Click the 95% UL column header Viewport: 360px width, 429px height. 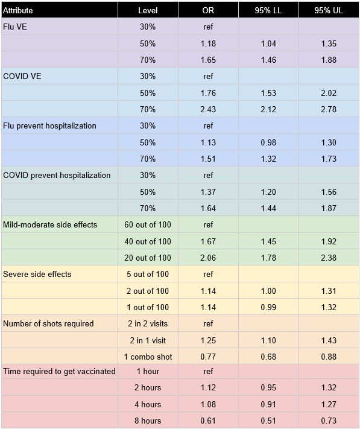point(328,10)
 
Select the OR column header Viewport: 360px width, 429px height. point(208,10)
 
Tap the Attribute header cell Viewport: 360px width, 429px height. point(17,10)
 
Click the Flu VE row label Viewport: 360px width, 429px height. point(15,27)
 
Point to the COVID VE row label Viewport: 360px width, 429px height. point(22,76)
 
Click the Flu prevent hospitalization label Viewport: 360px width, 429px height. point(49,126)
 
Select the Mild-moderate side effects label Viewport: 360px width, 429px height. point(50,224)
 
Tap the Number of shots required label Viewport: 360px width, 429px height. point(48,323)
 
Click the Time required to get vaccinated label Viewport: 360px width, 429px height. point(59,371)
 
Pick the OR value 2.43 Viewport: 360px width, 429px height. point(208,109)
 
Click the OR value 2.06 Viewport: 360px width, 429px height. point(208,258)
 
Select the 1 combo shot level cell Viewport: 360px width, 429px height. point(148,357)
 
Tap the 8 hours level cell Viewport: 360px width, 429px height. point(148,421)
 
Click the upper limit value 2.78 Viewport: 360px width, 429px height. point(329,109)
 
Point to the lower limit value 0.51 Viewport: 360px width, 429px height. point(268,421)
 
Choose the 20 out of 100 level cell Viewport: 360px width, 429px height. point(148,258)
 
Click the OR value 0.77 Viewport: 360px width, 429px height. point(208,357)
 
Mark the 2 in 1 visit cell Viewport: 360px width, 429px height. point(148,340)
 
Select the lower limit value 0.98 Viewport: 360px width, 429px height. point(268,142)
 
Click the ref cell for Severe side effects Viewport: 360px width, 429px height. point(208,274)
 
